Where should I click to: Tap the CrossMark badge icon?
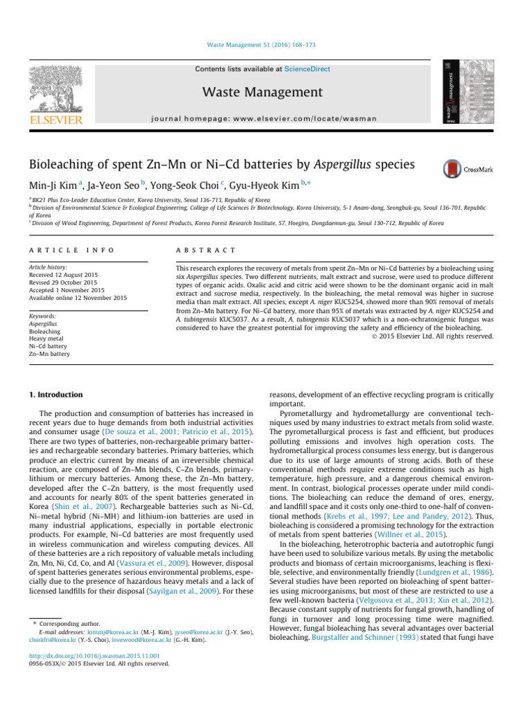(x=454, y=168)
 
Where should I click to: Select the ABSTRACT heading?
(x=206, y=249)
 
